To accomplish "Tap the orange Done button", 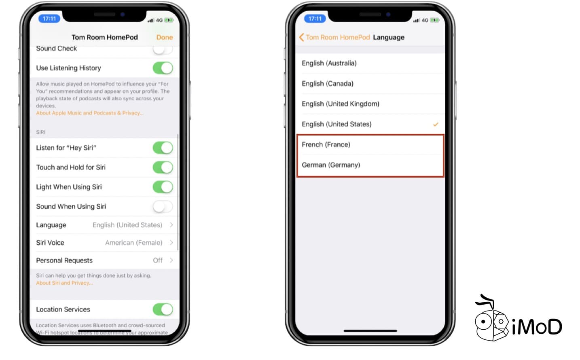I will (x=164, y=37).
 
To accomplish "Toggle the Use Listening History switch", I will (x=163, y=68).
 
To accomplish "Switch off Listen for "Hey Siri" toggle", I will (x=163, y=148).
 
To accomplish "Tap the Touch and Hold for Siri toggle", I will (x=163, y=167).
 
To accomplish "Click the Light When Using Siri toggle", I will (x=163, y=187).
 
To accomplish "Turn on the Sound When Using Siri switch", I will (x=163, y=207).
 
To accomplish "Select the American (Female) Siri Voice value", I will (x=133, y=243).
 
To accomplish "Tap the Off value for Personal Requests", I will (x=158, y=260).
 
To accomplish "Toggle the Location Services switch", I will (x=163, y=309).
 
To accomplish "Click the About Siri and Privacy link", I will (x=64, y=283).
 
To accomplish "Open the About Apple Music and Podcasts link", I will (x=89, y=113).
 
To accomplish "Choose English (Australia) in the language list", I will (x=329, y=64).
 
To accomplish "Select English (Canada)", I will (x=328, y=84).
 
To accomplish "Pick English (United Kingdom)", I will (x=341, y=104).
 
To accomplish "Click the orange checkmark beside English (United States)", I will (x=436, y=124).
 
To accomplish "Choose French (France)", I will (x=326, y=145).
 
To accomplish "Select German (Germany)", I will (x=331, y=165).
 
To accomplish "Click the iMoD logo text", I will (x=537, y=327).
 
